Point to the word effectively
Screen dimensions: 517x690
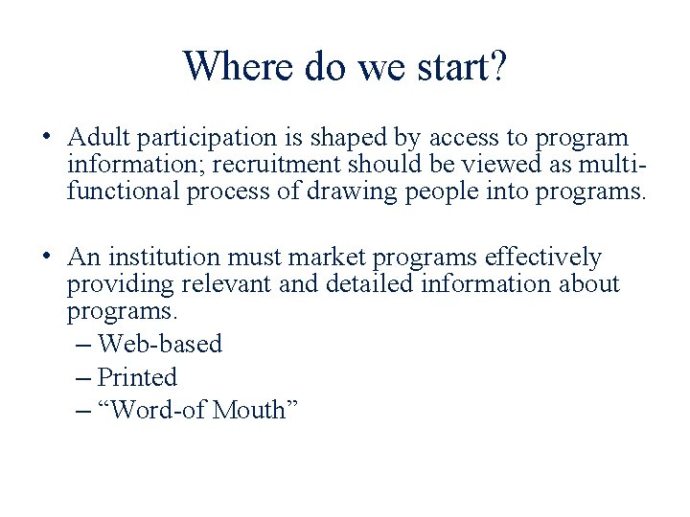pyautogui.click(x=543, y=258)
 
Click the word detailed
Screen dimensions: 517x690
pyautogui.click(x=363, y=284)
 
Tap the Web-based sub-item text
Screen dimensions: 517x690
pyautogui.click(x=160, y=344)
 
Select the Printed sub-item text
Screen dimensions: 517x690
pyautogui.click(x=138, y=377)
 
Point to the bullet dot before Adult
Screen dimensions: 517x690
pyautogui.click(x=47, y=135)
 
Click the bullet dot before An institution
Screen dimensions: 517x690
pyautogui.click(x=47, y=255)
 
